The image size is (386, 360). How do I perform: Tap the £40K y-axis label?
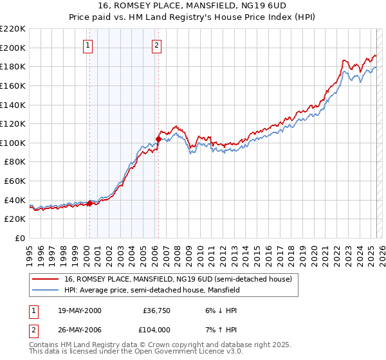(x=15, y=200)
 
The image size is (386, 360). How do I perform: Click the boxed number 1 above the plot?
(x=87, y=45)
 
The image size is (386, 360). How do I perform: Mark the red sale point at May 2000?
(x=90, y=203)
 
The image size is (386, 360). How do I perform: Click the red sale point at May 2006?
(x=158, y=139)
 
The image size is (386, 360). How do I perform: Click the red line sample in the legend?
(x=46, y=279)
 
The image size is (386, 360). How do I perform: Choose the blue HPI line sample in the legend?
(x=46, y=291)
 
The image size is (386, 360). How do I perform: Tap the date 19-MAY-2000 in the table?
(x=79, y=310)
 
